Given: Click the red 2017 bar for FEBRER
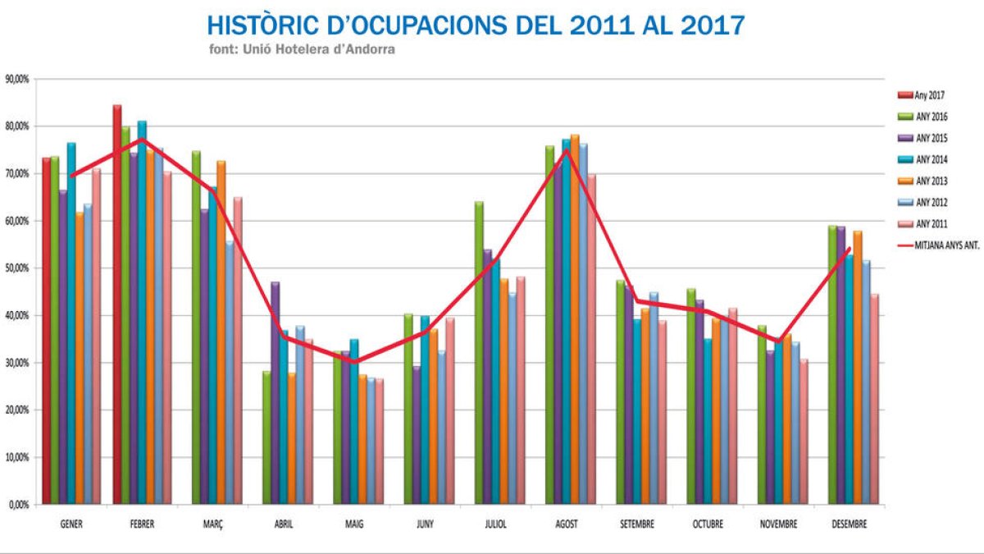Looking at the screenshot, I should tap(117, 304).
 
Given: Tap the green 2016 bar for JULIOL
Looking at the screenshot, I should tap(479, 352).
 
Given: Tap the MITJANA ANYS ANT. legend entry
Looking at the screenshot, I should tap(943, 245).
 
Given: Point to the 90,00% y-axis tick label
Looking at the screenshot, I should tap(17, 80).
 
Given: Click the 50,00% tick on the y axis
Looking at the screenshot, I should tap(17, 268).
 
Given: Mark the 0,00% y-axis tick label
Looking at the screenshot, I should tap(19, 505).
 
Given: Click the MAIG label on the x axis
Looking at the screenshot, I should tap(354, 524).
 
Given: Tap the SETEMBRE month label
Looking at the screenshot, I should tap(636, 524).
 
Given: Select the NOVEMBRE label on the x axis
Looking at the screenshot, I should tap(778, 524).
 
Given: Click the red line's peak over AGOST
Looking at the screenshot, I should tap(566, 150).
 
